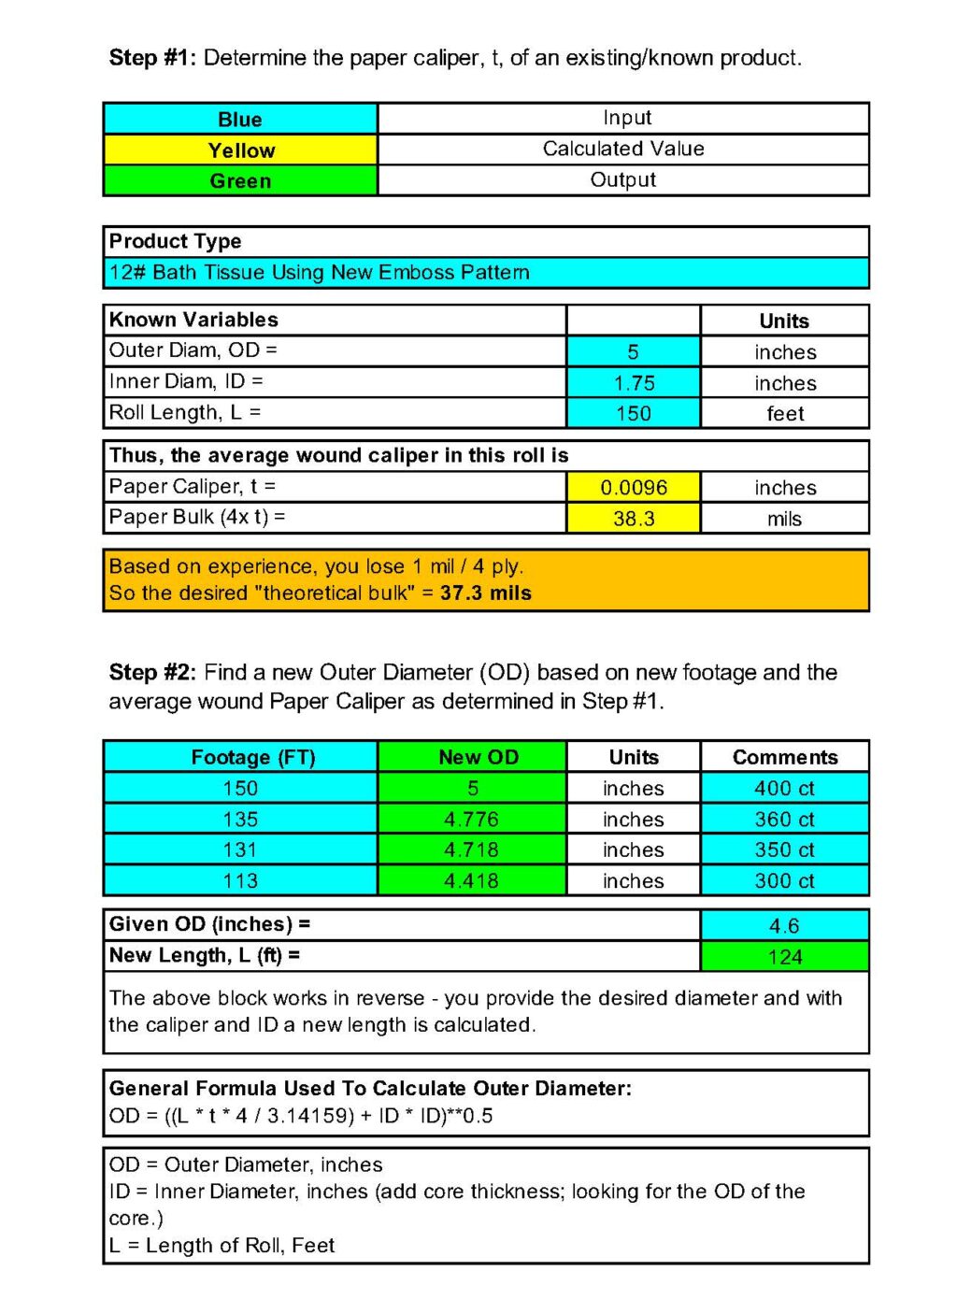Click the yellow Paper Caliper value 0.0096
(634, 487)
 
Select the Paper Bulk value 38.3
(634, 519)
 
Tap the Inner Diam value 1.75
(634, 383)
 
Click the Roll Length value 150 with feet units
(634, 414)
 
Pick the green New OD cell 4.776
(472, 820)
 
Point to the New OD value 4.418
(472, 881)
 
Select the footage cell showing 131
(240, 850)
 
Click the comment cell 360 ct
(784, 820)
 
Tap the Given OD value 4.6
(784, 926)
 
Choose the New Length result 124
(784, 957)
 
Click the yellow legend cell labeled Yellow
(241, 150)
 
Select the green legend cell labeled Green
(241, 181)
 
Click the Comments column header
(785, 757)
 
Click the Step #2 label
(152, 673)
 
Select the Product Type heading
(176, 241)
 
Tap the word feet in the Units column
(785, 414)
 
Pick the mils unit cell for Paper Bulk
(785, 519)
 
